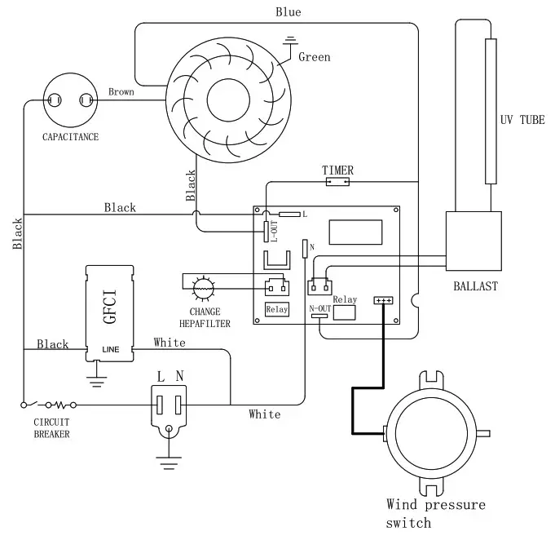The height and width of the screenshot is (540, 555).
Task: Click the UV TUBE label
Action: (522, 120)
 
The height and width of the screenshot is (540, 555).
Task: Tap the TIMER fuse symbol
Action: (337, 184)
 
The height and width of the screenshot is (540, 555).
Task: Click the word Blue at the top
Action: (288, 11)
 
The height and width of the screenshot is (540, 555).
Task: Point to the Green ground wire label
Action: (314, 57)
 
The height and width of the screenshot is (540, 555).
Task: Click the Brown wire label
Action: (121, 91)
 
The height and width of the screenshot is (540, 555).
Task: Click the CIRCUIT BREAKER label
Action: (51, 428)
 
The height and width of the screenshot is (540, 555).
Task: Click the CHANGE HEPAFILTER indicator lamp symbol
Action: (202, 287)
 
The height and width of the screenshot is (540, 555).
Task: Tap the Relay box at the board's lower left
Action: (276, 309)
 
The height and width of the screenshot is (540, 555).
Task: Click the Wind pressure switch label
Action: (435, 513)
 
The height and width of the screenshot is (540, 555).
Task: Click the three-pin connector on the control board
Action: (383, 300)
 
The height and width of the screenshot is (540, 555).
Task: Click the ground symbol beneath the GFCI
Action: (97, 374)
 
